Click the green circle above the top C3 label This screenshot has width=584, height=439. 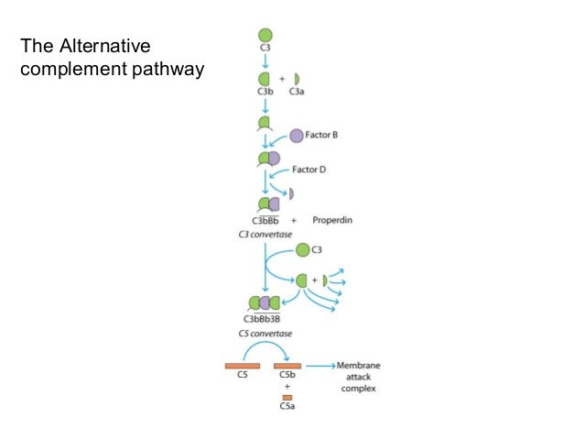click(x=265, y=36)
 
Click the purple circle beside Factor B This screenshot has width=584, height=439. click(x=297, y=136)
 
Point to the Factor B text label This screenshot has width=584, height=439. click(x=322, y=135)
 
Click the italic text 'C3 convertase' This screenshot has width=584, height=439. click(x=265, y=235)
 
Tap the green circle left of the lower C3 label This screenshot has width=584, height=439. click(x=301, y=248)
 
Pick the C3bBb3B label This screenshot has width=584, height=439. click(x=262, y=318)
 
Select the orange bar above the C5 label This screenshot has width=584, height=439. click(x=243, y=366)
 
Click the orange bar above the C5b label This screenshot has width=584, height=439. click(x=287, y=366)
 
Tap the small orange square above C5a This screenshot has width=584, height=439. click(x=287, y=397)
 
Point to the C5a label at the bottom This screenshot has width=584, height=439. click(x=287, y=407)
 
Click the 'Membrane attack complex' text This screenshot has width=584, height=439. click(x=358, y=376)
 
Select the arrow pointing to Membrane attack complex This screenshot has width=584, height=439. click(x=320, y=366)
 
